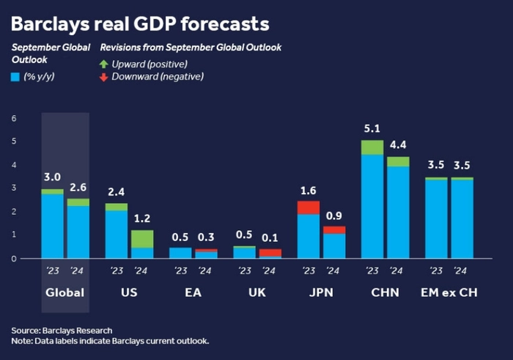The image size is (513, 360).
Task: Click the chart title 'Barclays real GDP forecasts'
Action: (x=140, y=24)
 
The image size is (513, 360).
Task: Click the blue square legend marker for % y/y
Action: (x=15, y=76)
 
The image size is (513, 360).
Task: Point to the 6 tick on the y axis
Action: (x=13, y=118)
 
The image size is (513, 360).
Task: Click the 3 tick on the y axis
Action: (x=13, y=188)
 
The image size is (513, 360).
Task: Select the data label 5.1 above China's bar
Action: (x=372, y=129)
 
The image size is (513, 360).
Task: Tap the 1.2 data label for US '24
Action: (x=142, y=219)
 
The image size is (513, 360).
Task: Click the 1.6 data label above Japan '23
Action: (x=308, y=190)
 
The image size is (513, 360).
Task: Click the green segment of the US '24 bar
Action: (x=142, y=239)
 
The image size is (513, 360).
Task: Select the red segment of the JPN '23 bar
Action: (x=308, y=207)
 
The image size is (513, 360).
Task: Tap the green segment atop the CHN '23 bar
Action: (x=372, y=147)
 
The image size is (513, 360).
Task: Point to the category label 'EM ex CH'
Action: (x=449, y=293)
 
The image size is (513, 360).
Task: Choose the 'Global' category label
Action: (x=65, y=293)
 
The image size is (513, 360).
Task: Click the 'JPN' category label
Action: (x=321, y=293)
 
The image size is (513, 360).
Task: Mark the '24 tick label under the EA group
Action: (x=206, y=271)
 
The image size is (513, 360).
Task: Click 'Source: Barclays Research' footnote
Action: (x=62, y=330)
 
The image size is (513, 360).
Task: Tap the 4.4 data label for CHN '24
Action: (x=398, y=145)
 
